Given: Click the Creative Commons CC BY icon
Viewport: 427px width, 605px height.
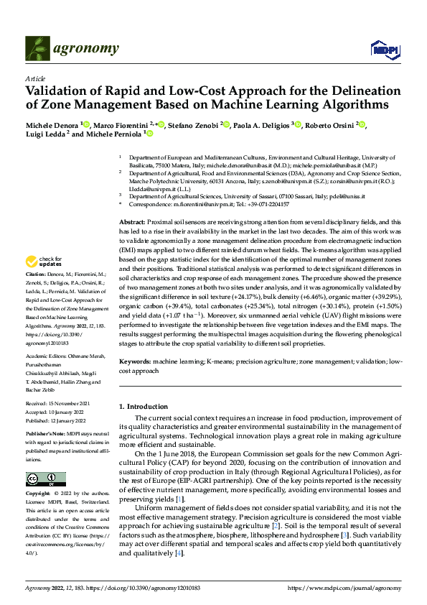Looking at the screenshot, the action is coord(45,479).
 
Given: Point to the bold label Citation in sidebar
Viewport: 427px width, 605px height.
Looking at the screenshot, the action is coord(35,275).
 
